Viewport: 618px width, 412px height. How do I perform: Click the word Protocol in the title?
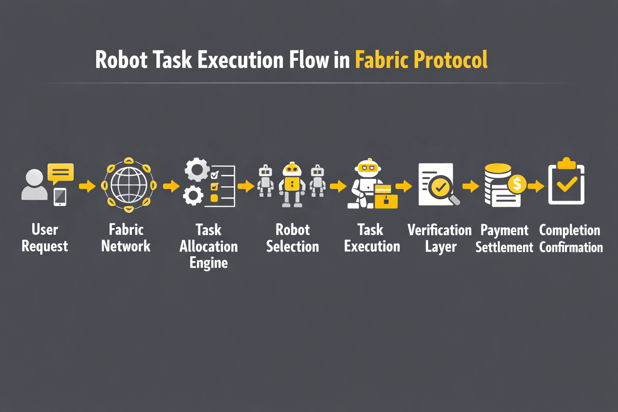[450, 60]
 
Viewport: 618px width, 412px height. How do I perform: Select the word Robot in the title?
[122, 60]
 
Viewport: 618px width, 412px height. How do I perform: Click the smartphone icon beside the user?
[60, 197]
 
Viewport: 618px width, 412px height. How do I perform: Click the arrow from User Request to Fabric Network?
[87, 186]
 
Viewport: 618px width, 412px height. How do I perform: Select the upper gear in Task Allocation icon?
[197, 170]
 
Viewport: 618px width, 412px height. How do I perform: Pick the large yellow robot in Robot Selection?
[292, 185]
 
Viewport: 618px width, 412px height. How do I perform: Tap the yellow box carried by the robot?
[386, 197]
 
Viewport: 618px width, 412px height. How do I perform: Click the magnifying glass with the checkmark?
[442, 188]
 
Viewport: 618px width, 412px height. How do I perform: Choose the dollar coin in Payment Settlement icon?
[517, 184]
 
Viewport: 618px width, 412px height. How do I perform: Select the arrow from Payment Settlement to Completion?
[536, 186]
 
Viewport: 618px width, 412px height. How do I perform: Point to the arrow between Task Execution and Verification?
[404, 186]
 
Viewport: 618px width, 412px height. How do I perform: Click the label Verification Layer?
[440, 238]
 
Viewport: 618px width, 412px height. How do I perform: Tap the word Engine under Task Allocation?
[208, 263]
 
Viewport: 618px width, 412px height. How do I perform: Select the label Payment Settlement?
[504, 239]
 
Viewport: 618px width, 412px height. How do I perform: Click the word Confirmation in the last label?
[571, 247]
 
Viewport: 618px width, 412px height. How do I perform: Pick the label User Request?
[45, 238]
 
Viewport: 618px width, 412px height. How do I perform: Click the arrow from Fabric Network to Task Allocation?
[171, 186]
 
